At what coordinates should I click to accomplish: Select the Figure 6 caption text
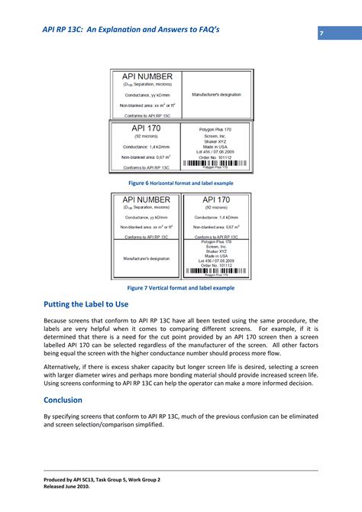pos(180,183)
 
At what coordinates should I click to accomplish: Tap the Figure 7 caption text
pos(180,287)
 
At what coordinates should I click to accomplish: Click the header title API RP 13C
pos(131,30)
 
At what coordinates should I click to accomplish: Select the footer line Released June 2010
pos(72,486)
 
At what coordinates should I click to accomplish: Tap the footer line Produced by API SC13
pos(102,479)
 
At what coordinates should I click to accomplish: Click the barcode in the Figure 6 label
pos(215,164)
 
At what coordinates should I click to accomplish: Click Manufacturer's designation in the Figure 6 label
pos(216,94)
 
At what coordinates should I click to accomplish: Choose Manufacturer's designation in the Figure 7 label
pos(146,258)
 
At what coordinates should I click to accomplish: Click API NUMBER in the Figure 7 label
pos(146,199)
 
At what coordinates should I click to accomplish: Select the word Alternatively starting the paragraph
pos(67,366)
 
